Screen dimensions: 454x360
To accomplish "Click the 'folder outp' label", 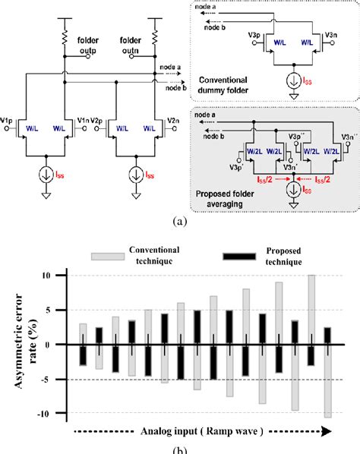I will (x=89, y=42).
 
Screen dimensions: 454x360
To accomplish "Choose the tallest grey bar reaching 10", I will (x=311, y=310).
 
